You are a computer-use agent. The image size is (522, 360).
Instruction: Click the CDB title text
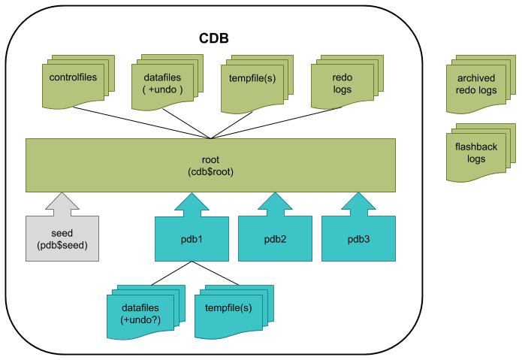pos(214,38)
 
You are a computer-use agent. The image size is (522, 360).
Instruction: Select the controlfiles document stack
pos(78,82)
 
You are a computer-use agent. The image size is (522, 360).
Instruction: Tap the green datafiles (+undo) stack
pos(167,82)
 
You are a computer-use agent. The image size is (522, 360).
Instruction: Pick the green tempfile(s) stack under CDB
pos(257,84)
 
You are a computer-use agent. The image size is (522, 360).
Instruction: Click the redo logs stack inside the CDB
pos(347,82)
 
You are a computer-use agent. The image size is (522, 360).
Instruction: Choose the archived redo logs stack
pos(481,84)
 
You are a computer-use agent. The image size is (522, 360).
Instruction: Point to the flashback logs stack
pos(481,153)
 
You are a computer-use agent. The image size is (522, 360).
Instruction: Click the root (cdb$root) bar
pos(210,165)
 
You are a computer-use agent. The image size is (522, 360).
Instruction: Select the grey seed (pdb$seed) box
pos(62,238)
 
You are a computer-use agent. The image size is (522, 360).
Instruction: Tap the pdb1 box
pos(192,239)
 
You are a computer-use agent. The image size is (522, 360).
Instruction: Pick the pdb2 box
pos(275,239)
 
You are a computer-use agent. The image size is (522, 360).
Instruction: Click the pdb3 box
pos(358,239)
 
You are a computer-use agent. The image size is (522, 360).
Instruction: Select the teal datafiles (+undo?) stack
pos(146,312)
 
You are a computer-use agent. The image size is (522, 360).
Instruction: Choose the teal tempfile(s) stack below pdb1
pos(234,312)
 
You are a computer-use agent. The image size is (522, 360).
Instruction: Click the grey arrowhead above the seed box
pos(62,201)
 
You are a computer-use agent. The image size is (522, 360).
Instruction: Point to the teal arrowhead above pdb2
pos(275,201)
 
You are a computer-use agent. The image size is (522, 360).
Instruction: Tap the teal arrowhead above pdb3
pos(358,201)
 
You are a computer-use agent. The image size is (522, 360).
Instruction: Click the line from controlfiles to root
pos(141,123)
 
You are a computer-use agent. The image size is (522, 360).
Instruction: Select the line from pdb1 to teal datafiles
pos(171,273)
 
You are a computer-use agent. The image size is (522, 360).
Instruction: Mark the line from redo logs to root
pos(276,123)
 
